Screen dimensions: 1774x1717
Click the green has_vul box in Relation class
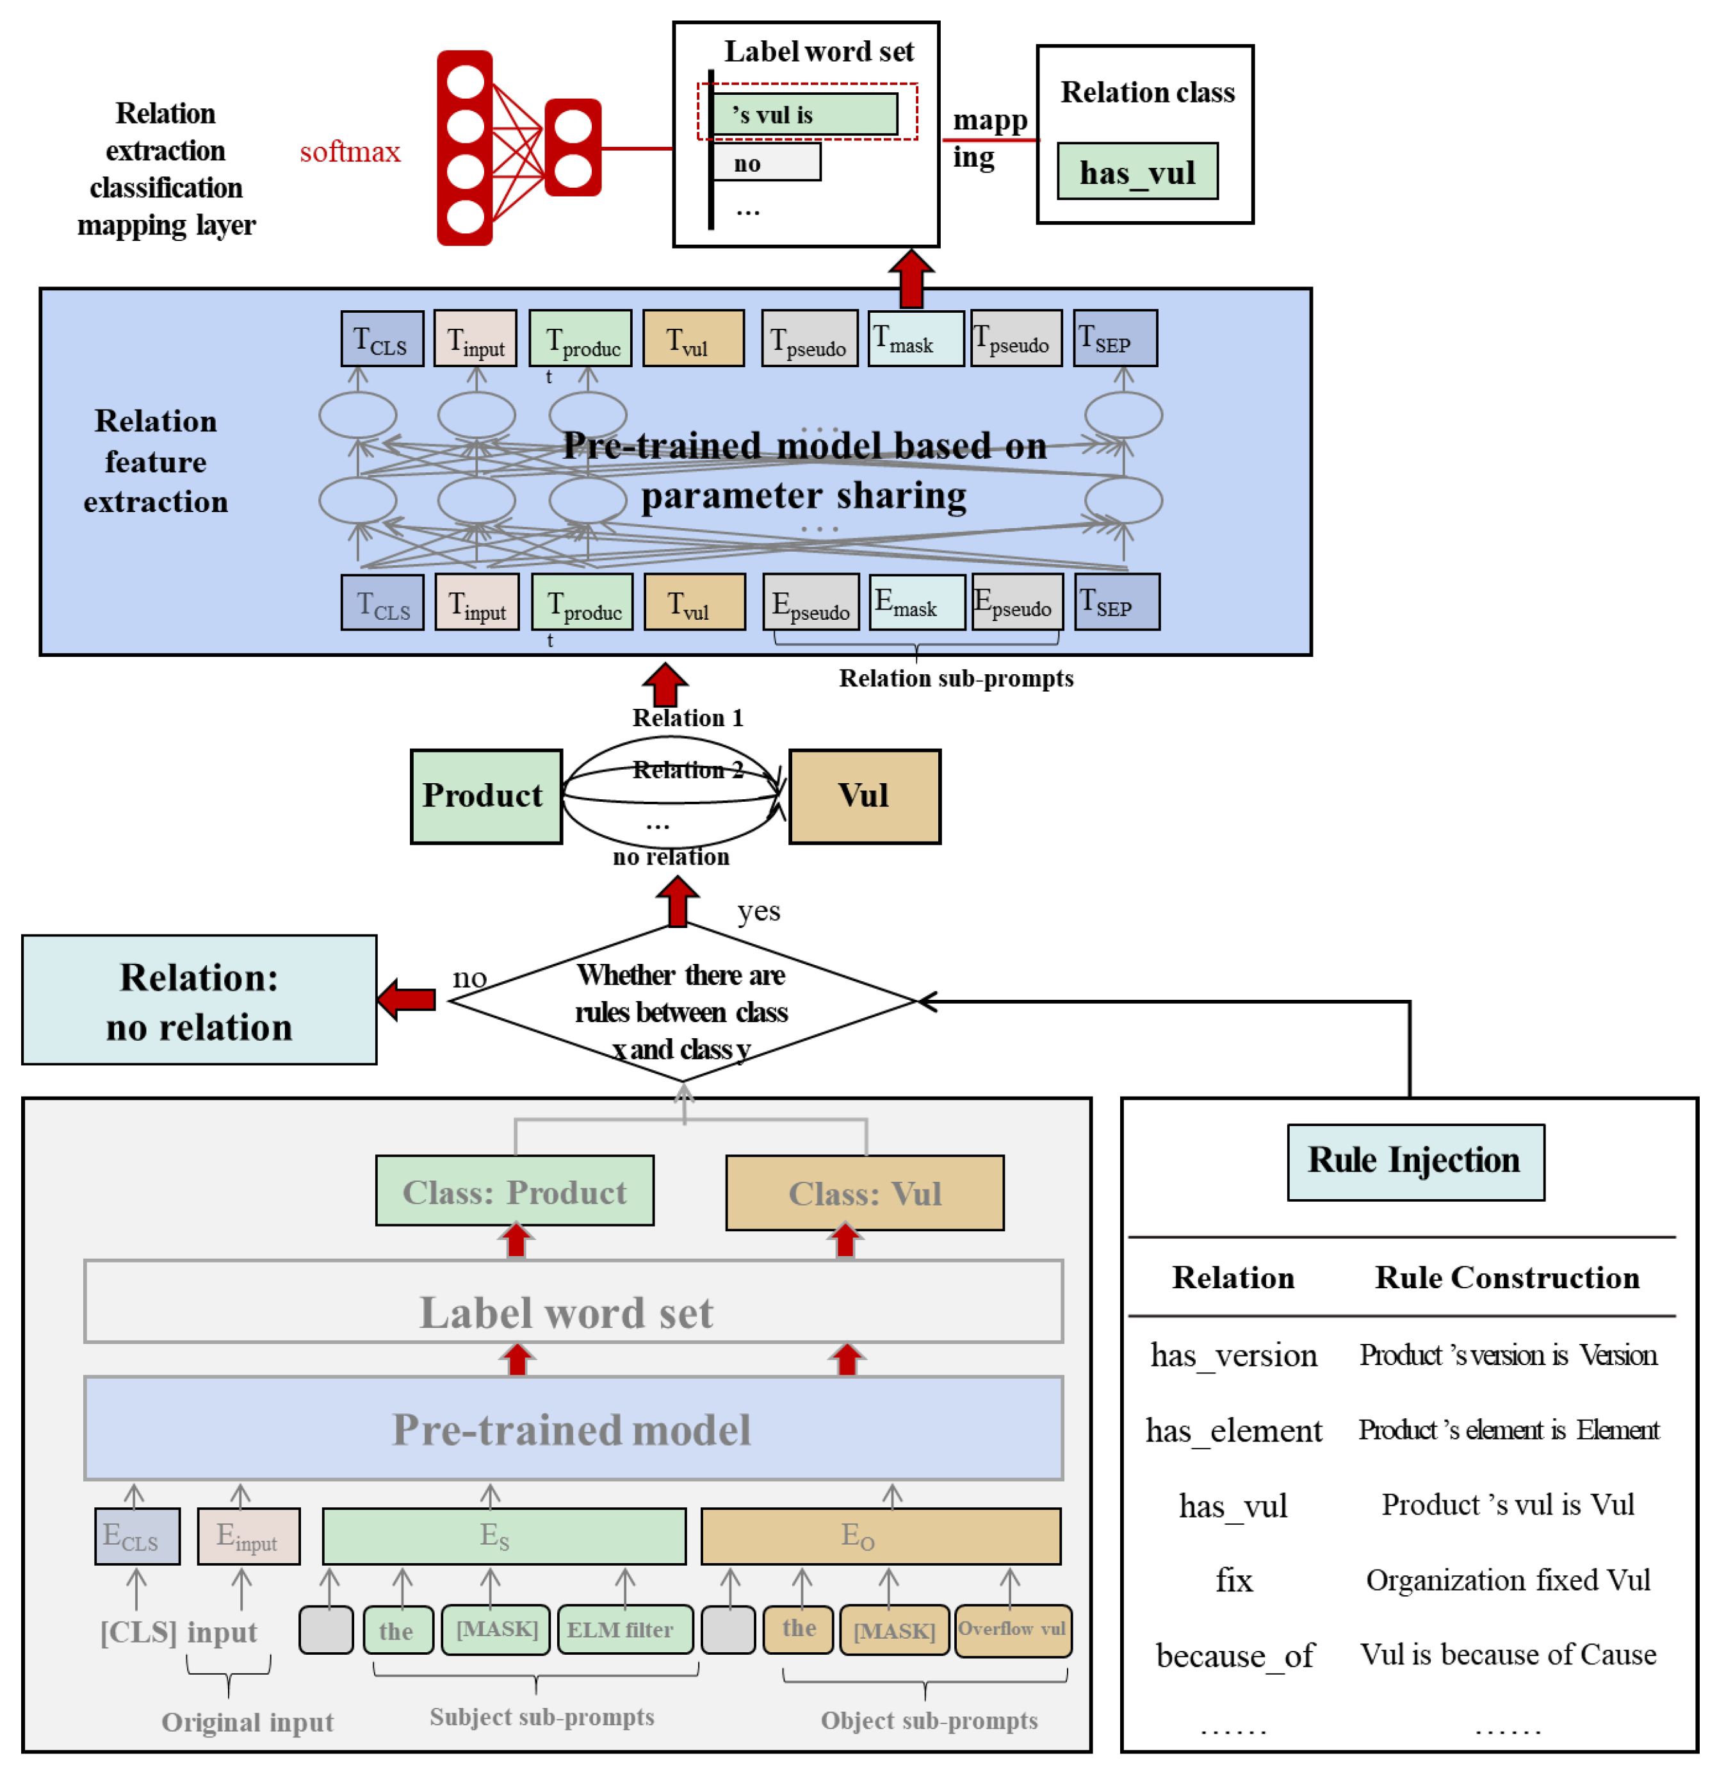[x=1137, y=171]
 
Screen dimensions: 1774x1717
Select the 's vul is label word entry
[x=803, y=114]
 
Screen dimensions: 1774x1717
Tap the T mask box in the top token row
[x=915, y=338]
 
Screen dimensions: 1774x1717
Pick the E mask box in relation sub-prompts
[x=916, y=602]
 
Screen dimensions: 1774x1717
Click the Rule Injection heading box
[x=1415, y=1161]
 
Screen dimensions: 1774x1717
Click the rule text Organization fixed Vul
[x=1507, y=1579]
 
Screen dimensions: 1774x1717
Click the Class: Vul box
[x=864, y=1192]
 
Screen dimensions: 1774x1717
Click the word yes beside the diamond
[x=758, y=911]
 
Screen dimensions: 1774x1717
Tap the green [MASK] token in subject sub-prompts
[x=496, y=1629]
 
